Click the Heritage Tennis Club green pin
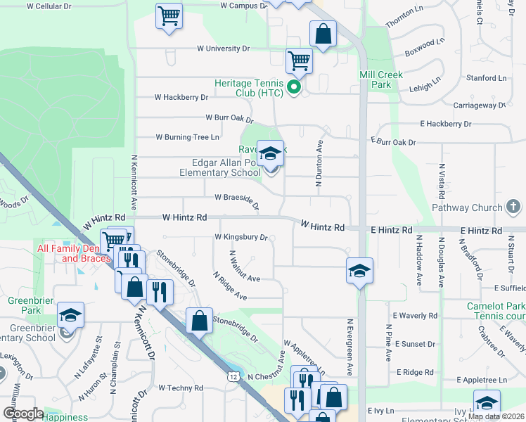[x=295, y=89]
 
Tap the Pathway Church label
[x=466, y=207]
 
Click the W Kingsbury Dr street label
[x=241, y=238]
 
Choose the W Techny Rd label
[x=180, y=388]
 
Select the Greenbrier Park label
[x=21, y=304]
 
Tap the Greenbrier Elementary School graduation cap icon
[x=70, y=316]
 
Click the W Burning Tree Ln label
[x=187, y=136]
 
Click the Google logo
[x=23, y=414]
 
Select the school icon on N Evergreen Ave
[x=359, y=271]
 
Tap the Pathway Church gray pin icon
[x=514, y=207]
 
